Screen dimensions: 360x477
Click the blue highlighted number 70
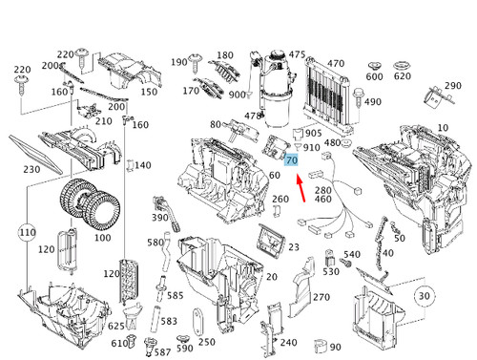click(292, 163)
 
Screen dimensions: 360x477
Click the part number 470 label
click(335, 63)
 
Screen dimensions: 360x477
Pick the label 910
click(312, 148)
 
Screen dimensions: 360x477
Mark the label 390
click(159, 219)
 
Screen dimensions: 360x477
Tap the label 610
click(118, 343)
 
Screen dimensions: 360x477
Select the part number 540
click(352, 255)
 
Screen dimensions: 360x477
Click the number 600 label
click(374, 76)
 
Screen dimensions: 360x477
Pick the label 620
click(403, 76)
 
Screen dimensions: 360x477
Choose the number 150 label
click(150, 92)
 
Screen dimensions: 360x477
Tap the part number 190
click(179, 62)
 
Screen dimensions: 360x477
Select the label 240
click(288, 342)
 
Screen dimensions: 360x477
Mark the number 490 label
click(372, 102)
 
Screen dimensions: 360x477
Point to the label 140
click(142, 165)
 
